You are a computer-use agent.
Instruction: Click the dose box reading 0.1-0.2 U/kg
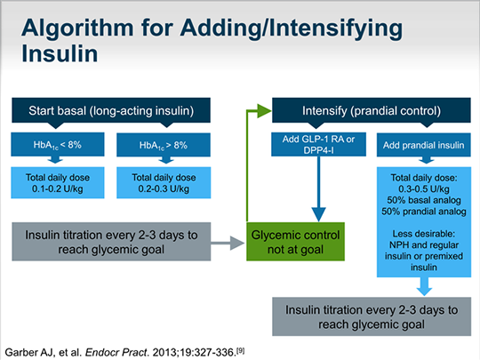(x=52, y=181)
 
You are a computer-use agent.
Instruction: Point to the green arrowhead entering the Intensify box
(x=263, y=110)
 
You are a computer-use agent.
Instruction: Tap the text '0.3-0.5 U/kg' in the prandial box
(x=420, y=189)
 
